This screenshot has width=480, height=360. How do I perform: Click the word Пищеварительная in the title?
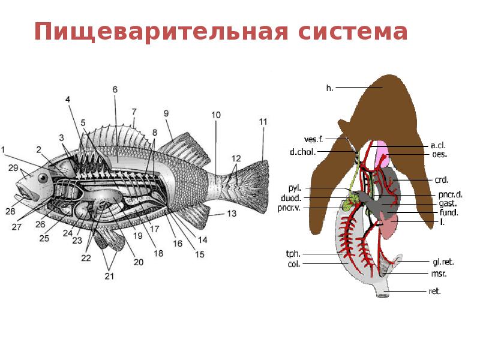coord(158,32)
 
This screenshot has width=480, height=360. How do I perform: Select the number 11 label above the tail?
coord(263,122)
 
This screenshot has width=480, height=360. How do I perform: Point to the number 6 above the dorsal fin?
coord(115,90)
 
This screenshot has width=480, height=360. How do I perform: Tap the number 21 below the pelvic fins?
coord(109,277)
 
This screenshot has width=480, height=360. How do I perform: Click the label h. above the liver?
coord(329,88)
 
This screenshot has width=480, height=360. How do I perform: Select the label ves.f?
coord(314,139)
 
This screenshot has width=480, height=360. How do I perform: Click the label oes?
coord(440,154)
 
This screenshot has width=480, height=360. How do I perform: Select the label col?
coord(293,264)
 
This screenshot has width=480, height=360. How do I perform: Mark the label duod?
coord(290,197)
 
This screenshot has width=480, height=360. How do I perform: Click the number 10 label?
coord(216,114)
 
